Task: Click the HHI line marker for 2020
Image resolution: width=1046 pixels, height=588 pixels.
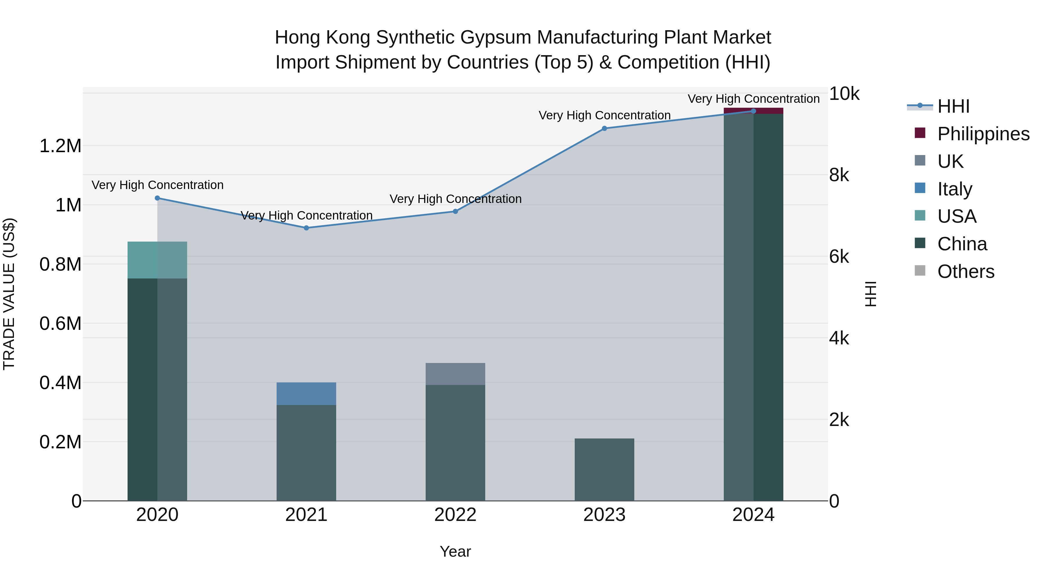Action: click(157, 198)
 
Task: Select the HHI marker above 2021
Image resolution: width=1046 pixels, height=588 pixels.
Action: click(307, 228)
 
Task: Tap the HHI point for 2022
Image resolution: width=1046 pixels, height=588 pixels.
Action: click(455, 211)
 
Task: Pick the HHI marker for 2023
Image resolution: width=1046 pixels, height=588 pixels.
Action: click(604, 129)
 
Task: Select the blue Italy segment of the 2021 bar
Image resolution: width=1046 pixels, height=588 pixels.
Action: click(306, 394)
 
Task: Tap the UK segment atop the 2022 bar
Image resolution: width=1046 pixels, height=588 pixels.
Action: click(455, 374)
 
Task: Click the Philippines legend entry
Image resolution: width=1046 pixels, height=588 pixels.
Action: click(983, 134)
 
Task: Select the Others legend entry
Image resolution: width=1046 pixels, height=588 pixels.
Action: click(966, 271)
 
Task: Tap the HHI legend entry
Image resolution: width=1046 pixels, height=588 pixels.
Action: click(953, 106)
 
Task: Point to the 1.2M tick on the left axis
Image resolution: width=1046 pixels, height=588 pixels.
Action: click(60, 146)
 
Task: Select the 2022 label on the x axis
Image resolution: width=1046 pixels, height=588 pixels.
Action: click(455, 515)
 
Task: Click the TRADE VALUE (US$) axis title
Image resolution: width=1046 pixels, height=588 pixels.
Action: click(9, 294)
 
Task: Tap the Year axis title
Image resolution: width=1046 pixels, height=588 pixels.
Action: click(455, 551)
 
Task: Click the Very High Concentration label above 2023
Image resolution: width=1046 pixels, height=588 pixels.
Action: click(604, 115)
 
